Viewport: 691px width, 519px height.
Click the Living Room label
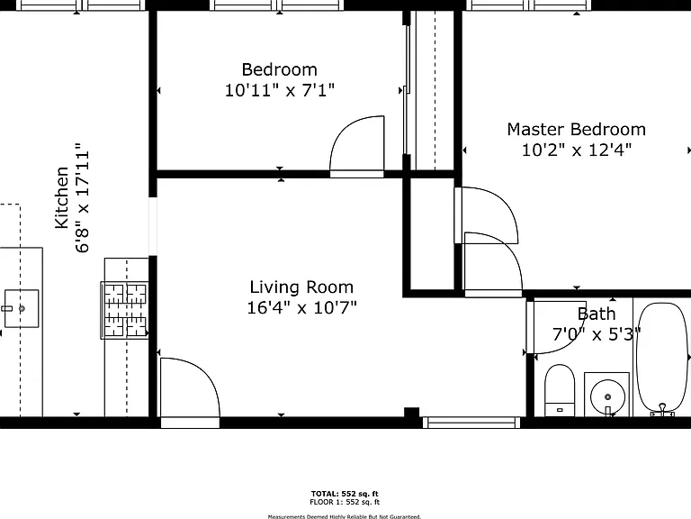[x=301, y=287]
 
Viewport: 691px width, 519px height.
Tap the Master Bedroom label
[x=577, y=130]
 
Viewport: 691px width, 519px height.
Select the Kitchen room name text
[x=62, y=197]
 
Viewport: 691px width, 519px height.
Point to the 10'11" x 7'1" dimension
[x=280, y=90]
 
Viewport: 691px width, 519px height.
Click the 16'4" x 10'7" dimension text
[x=301, y=307]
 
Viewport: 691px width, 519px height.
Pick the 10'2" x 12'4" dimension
[x=577, y=150]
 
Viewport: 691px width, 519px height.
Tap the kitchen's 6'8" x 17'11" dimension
[x=83, y=197]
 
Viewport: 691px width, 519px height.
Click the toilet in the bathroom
[x=560, y=390]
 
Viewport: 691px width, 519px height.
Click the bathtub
[x=662, y=359]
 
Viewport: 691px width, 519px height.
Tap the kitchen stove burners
[x=125, y=310]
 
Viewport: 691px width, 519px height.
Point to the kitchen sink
[x=22, y=308]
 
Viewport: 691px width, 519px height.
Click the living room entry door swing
[x=190, y=387]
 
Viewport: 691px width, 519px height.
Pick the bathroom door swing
[x=557, y=327]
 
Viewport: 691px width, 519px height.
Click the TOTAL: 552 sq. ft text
[x=345, y=494]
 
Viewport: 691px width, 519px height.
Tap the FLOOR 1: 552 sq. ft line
[x=345, y=502]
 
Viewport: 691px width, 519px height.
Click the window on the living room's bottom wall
[x=471, y=423]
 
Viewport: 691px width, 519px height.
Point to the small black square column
[x=411, y=412]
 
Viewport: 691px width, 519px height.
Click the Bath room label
[x=597, y=314]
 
